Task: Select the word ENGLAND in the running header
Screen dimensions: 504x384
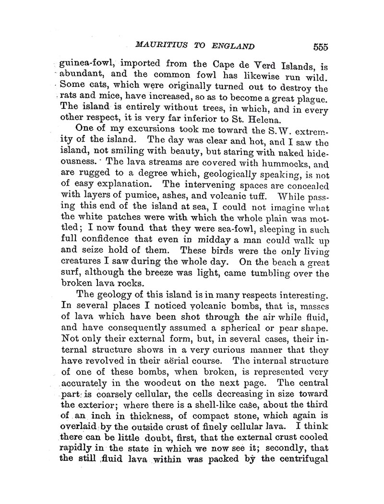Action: [x=230, y=47]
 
